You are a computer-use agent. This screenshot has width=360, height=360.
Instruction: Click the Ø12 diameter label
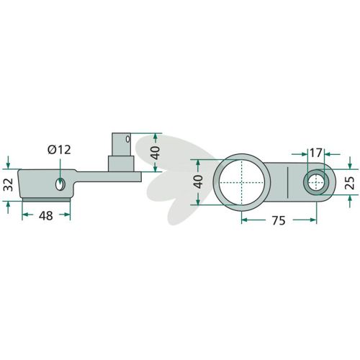pos(59,150)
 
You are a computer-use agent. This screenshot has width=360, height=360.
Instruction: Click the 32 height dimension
pos(9,185)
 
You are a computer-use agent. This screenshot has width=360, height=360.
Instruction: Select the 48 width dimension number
pos(46,215)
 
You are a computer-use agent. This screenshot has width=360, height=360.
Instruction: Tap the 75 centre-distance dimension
pos(279,220)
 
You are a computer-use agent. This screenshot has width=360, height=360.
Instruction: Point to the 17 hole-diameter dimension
pos(315,153)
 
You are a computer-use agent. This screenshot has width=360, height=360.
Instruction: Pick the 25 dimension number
pos(351,183)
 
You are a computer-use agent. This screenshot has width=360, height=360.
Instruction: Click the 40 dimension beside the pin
pos(156,153)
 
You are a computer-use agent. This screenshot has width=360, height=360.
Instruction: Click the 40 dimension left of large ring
pos(198,181)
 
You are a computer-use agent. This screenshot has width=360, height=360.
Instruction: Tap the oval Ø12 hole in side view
pos(60,184)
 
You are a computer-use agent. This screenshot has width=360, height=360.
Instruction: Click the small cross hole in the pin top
pos(127,138)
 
